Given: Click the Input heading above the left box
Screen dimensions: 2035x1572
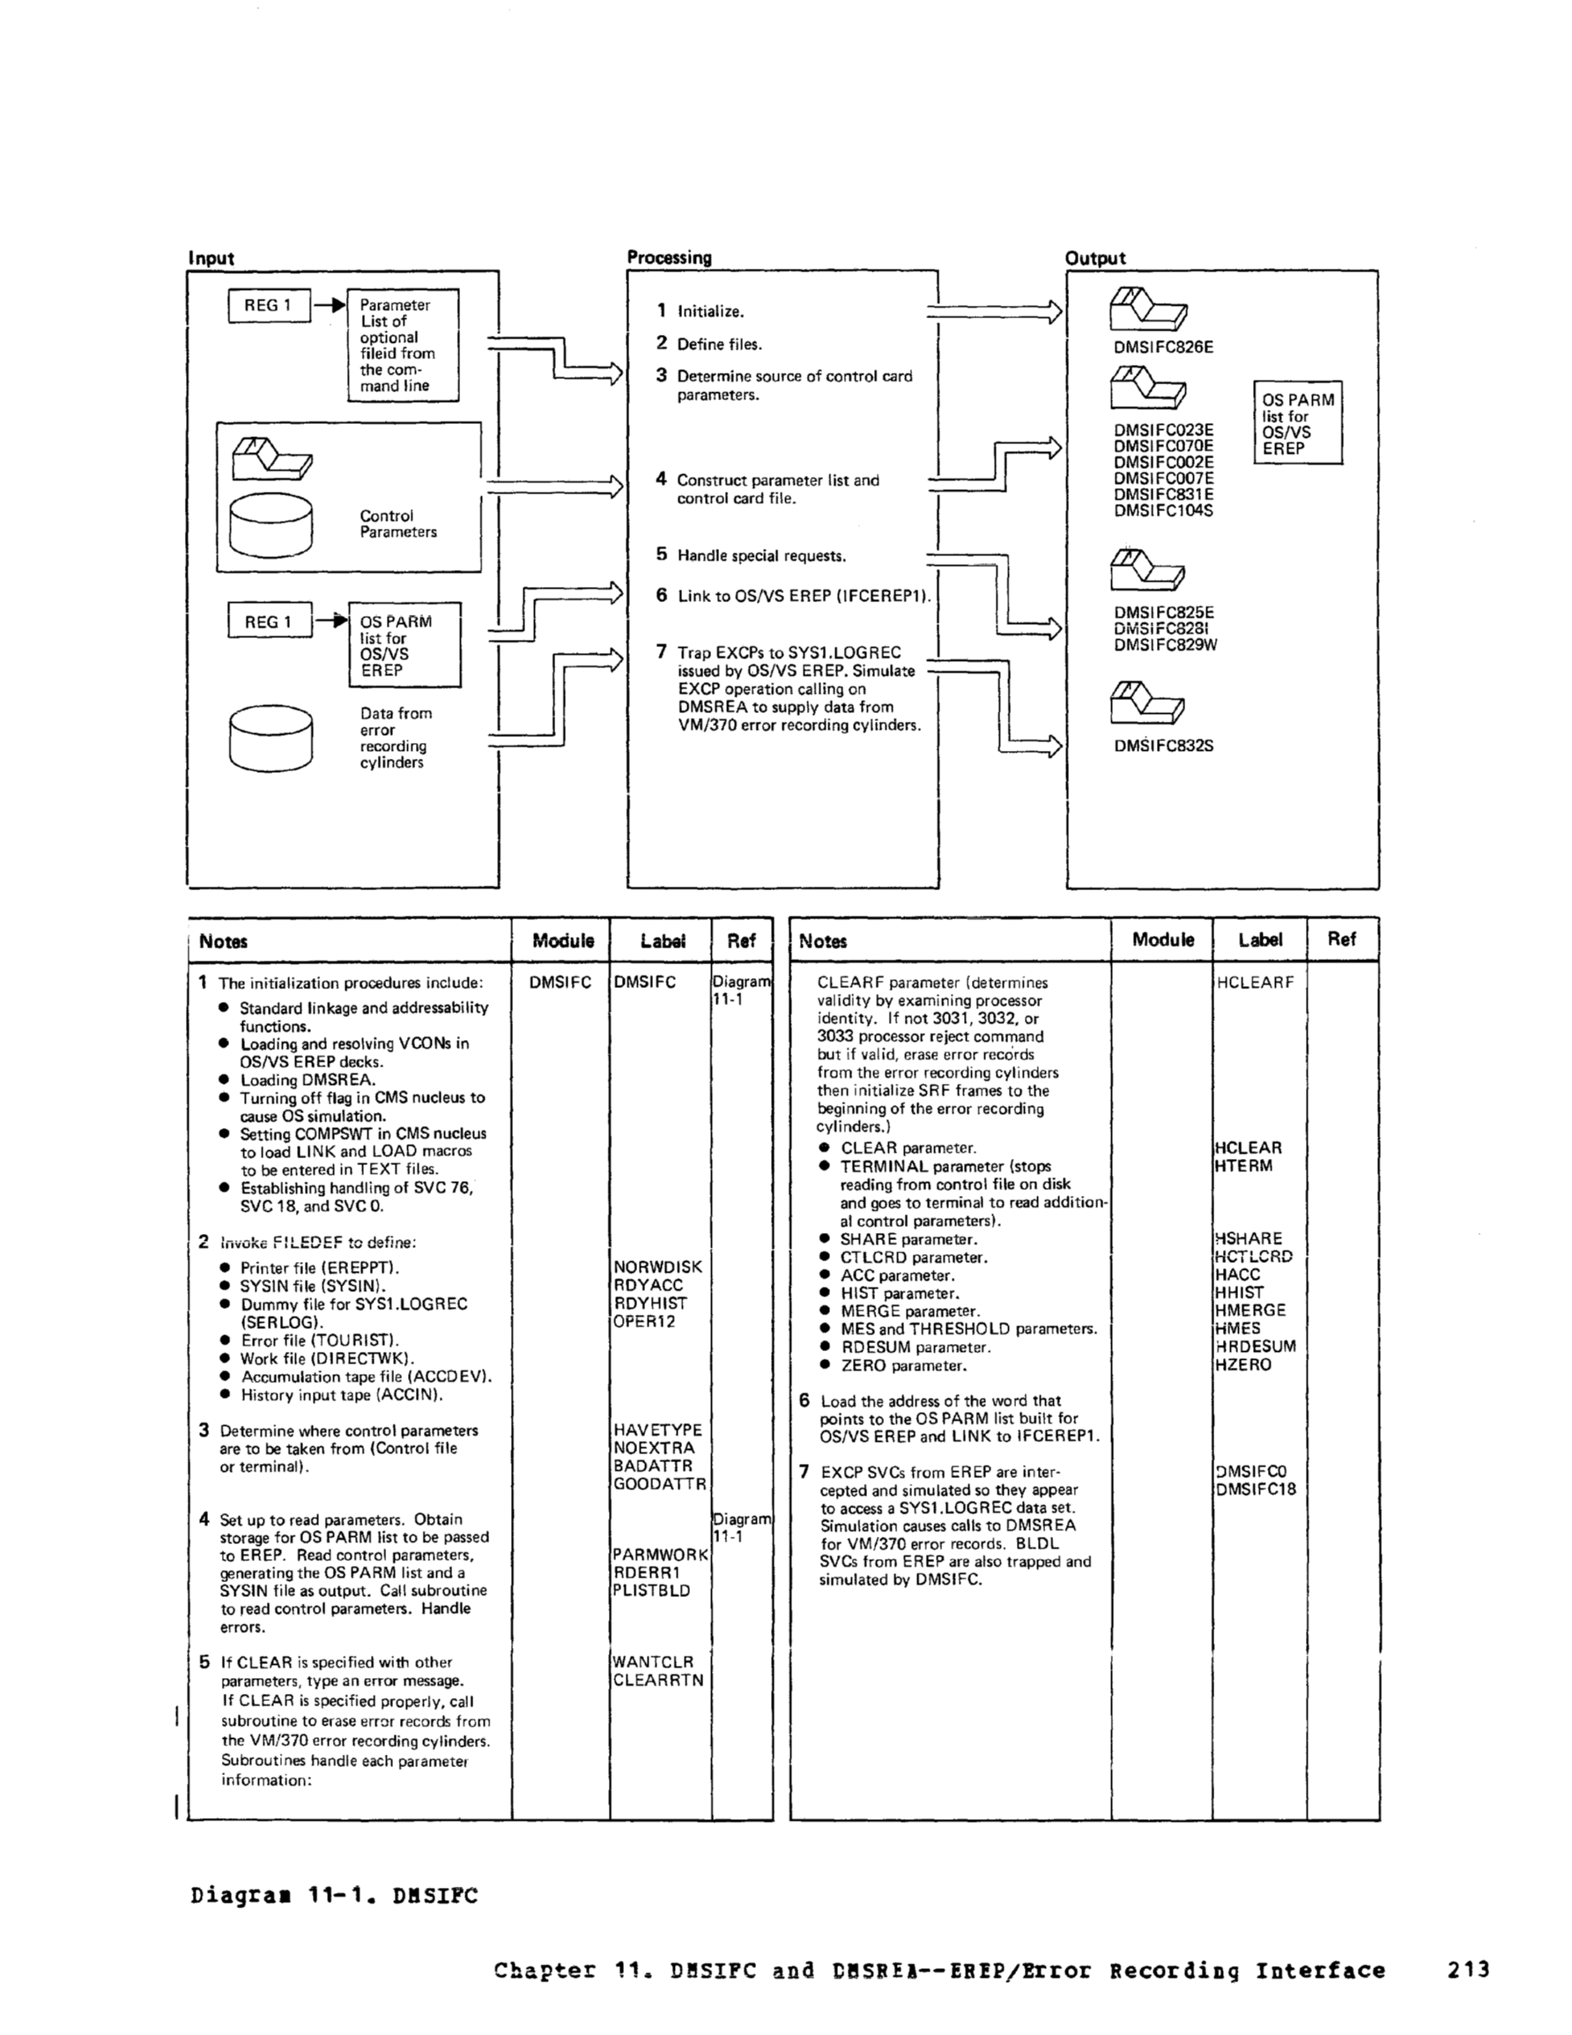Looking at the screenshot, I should point(211,258).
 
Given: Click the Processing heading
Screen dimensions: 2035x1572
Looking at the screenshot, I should point(668,257).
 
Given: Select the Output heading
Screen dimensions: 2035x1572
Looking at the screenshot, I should point(1095,258).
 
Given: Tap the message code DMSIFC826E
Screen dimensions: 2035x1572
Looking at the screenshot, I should point(1163,347).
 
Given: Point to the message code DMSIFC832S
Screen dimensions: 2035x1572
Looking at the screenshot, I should point(1163,746).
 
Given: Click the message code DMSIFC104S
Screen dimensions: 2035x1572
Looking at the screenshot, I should point(1163,510).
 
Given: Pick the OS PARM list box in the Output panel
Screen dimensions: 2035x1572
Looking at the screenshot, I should point(1297,423).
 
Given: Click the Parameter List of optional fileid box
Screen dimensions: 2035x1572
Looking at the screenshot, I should point(403,345).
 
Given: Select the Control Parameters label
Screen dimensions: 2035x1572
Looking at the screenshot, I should point(398,524).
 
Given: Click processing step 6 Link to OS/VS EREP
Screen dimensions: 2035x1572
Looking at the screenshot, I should point(795,596).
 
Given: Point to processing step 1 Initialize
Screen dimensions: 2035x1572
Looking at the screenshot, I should point(701,311).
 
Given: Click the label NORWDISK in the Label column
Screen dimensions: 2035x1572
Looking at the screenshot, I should point(657,1267).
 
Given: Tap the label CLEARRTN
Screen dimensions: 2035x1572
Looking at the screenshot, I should point(658,1680).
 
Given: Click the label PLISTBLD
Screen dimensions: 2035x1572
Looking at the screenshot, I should point(651,1591).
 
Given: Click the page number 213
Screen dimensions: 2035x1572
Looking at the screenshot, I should point(1469,1970).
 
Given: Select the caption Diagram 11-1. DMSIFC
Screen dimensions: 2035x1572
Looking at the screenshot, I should point(334,1895).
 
